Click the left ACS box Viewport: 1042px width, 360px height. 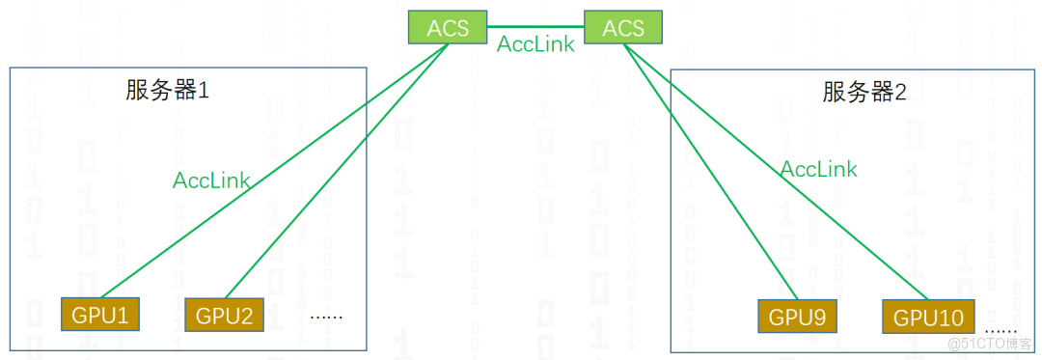point(447,27)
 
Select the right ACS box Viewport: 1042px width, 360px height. point(622,27)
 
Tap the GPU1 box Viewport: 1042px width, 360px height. point(100,314)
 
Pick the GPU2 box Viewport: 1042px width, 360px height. point(224,315)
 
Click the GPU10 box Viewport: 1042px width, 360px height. point(928,317)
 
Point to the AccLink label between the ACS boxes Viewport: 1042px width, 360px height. point(535,43)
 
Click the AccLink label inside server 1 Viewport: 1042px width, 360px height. point(211,180)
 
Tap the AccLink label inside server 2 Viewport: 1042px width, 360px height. point(818,169)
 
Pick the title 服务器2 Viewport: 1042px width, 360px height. point(864,93)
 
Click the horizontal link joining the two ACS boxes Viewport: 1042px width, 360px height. point(535,26)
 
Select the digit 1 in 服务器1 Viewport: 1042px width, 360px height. point(203,92)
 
